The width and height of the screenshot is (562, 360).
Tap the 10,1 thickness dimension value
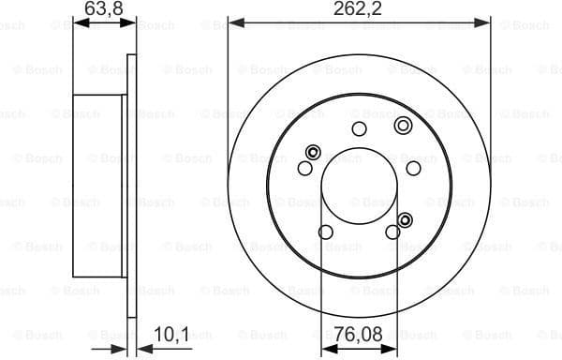[165, 332]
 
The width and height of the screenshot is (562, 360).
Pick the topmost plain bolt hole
[359, 129]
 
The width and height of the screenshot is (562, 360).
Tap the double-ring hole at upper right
[403, 126]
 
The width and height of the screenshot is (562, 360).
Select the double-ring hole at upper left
[314, 152]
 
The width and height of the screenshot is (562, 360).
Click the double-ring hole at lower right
[405, 220]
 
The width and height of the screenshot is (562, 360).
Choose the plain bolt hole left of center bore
[304, 168]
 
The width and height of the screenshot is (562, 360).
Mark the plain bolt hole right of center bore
[413, 168]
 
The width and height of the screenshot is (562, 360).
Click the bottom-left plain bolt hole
[326, 232]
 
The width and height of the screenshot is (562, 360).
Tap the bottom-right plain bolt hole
[392, 232]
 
